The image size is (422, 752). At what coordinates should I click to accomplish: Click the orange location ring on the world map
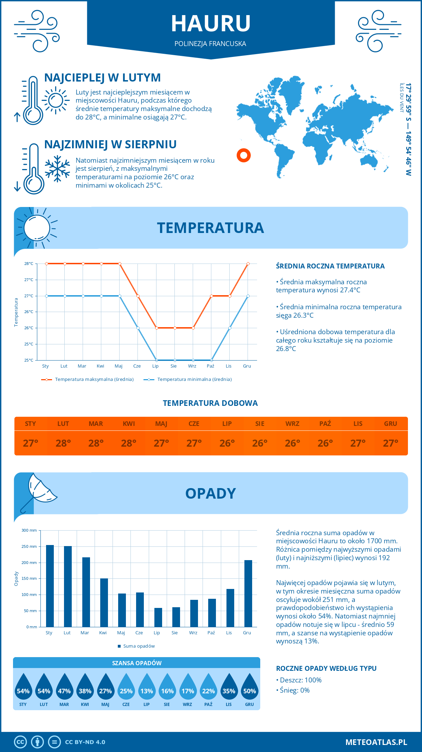(243, 155)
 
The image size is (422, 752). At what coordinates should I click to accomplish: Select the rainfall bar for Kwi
(104, 602)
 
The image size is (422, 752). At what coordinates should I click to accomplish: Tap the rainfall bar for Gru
(248, 593)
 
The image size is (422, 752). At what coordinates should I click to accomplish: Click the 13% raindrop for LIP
(147, 689)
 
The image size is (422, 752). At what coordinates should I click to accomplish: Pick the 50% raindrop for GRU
(249, 689)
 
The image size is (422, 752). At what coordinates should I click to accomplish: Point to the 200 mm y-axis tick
(30, 563)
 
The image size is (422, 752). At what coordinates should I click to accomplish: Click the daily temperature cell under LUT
(63, 443)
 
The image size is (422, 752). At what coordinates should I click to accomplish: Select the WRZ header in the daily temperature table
(292, 424)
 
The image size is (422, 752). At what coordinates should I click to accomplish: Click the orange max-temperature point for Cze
(138, 296)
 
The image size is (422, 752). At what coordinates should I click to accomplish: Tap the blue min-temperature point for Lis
(230, 328)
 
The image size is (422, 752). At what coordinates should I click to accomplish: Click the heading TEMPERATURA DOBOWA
(210, 403)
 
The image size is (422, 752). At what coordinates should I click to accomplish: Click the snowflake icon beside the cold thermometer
(57, 169)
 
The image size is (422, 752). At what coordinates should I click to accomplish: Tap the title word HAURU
(211, 24)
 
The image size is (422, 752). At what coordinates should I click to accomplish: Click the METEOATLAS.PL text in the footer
(376, 742)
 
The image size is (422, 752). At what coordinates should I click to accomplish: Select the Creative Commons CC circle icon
(20, 742)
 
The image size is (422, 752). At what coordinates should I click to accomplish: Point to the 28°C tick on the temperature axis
(29, 264)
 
